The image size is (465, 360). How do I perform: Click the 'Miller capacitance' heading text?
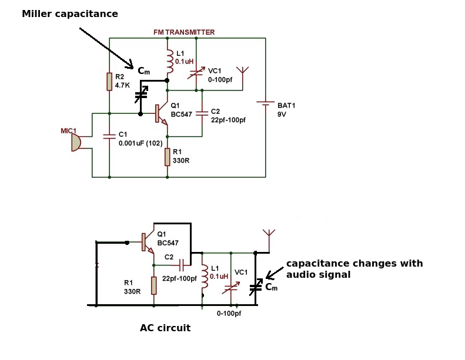click(70, 14)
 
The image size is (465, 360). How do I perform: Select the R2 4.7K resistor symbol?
click(109, 82)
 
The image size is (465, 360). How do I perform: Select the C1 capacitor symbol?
click(109, 136)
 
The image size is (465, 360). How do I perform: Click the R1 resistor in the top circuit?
click(168, 157)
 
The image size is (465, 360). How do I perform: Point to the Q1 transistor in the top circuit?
click(160, 113)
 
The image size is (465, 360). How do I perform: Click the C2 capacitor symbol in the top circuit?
click(202, 112)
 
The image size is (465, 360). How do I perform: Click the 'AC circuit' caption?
click(165, 328)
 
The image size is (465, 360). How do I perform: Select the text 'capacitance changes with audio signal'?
click(354, 269)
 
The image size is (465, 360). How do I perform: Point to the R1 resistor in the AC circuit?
click(153, 285)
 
